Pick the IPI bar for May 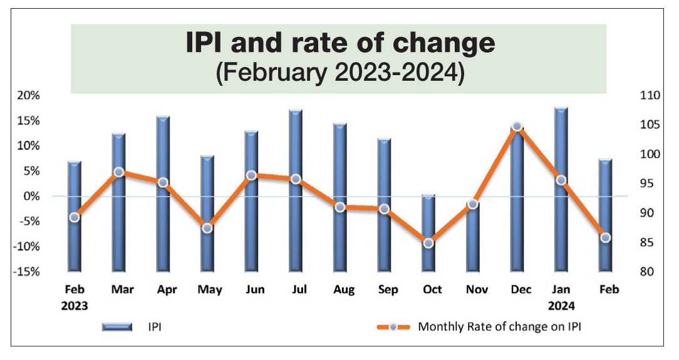pyautogui.click(x=207, y=213)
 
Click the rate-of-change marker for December pyautogui.click(x=517, y=126)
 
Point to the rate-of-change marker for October pyautogui.click(x=428, y=243)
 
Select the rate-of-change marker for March pyautogui.click(x=118, y=172)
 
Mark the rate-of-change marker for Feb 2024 pyautogui.click(x=605, y=237)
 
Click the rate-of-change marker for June pyautogui.click(x=251, y=175)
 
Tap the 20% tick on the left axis pyautogui.click(x=28, y=95)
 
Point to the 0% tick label pyautogui.click(x=30, y=196)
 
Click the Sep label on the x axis pyautogui.click(x=388, y=290)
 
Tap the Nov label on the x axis pyautogui.click(x=476, y=290)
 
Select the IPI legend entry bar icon pyautogui.click(x=117, y=326)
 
